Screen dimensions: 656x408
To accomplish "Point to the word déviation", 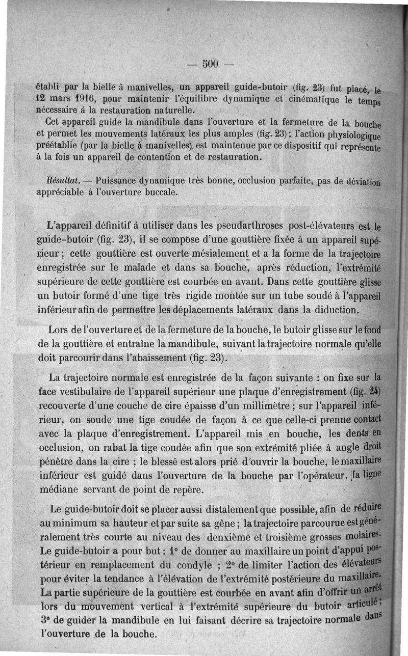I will pyautogui.click(x=365, y=181).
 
